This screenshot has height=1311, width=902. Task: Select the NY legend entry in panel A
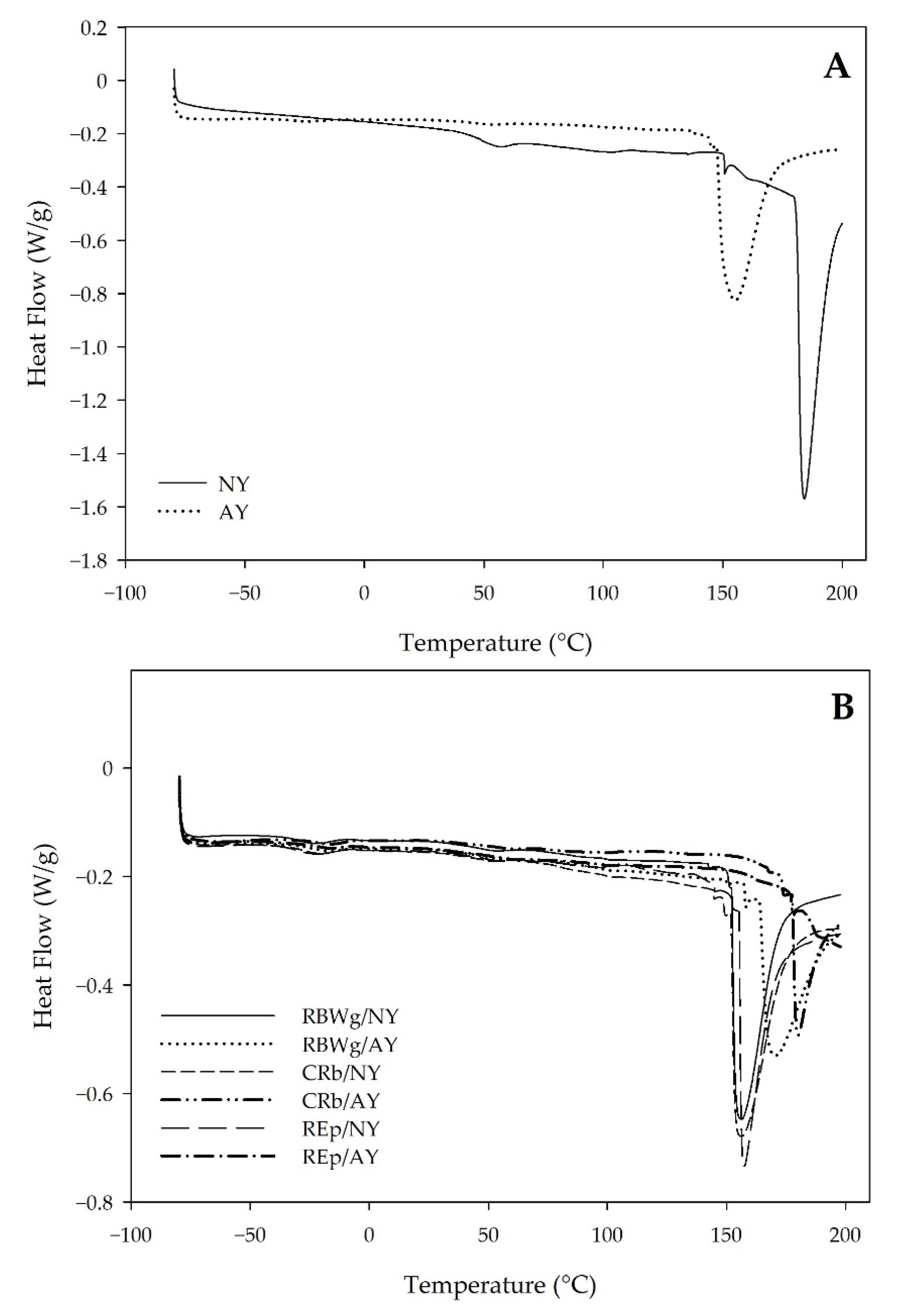(x=233, y=485)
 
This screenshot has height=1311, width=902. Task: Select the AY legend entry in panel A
(x=233, y=512)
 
